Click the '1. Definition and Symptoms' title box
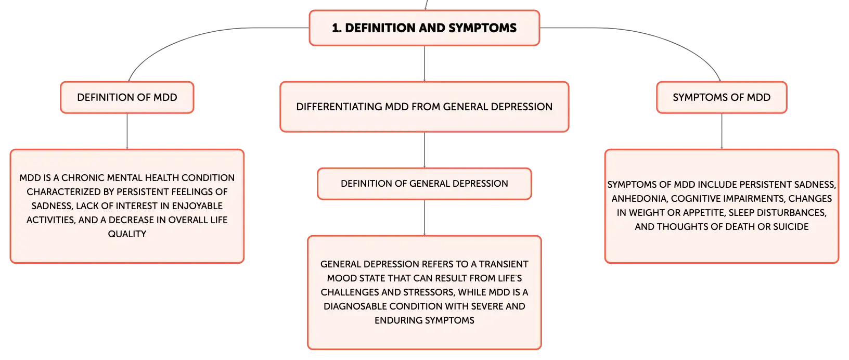click(x=424, y=28)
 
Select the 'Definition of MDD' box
click(x=127, y=97)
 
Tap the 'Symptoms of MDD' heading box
click(x=722, y=97)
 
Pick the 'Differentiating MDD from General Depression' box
click(x=424, y=107)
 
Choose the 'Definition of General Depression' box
click(x=424, y=184)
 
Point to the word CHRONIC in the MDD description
click(x=83, y=178)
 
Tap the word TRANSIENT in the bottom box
click(x=504, y=264)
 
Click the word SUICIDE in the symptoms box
click(x=791, y=227)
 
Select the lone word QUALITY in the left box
click(x=127, y=234)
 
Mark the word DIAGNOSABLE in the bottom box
click(x=355, y=306)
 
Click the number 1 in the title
click(x=335, y=28)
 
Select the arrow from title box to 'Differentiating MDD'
click(x=424, y=63)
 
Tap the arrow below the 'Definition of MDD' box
click(x=127, y=131)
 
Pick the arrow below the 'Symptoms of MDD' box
click(x=722, y=131)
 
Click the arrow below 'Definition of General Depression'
click(x=424, y=217)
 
